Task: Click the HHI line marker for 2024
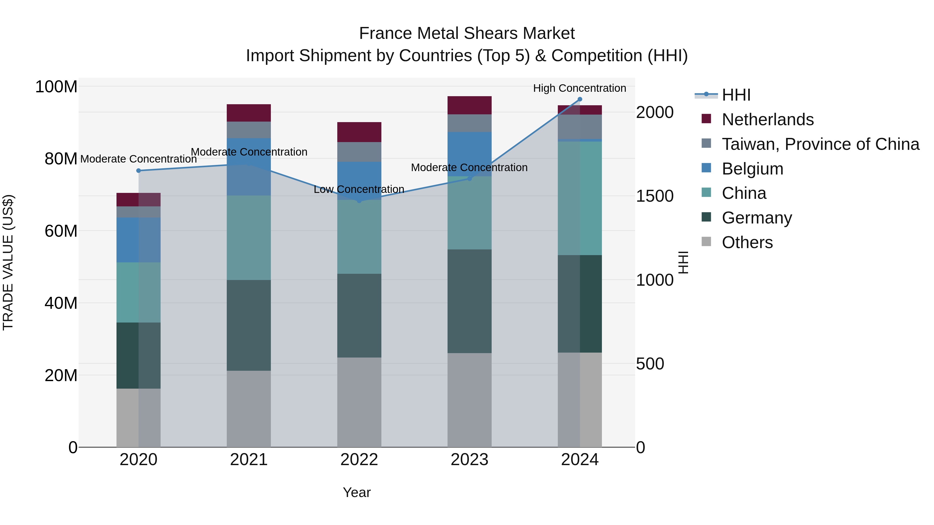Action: [x=580, y=99]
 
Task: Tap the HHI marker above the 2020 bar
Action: [x=139, y=171]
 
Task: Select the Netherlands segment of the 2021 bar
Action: [x=249, y=113]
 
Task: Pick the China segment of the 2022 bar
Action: [x=359, y=237]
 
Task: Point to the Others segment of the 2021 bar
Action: [x=249, y=408]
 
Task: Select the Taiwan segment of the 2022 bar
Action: [x=359, y=152]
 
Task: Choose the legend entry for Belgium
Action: [x=752, y=169]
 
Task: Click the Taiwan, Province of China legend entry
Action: [x=820, y=144]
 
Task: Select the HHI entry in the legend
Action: [x=736, y=95]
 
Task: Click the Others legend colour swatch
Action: [x=706, y=242]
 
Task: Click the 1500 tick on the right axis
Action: [x=655, y=196]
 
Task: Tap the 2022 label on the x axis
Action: [x=359, y=460]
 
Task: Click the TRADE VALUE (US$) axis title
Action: [x=8, y=262]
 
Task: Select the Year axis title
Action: [x=357, y=492]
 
